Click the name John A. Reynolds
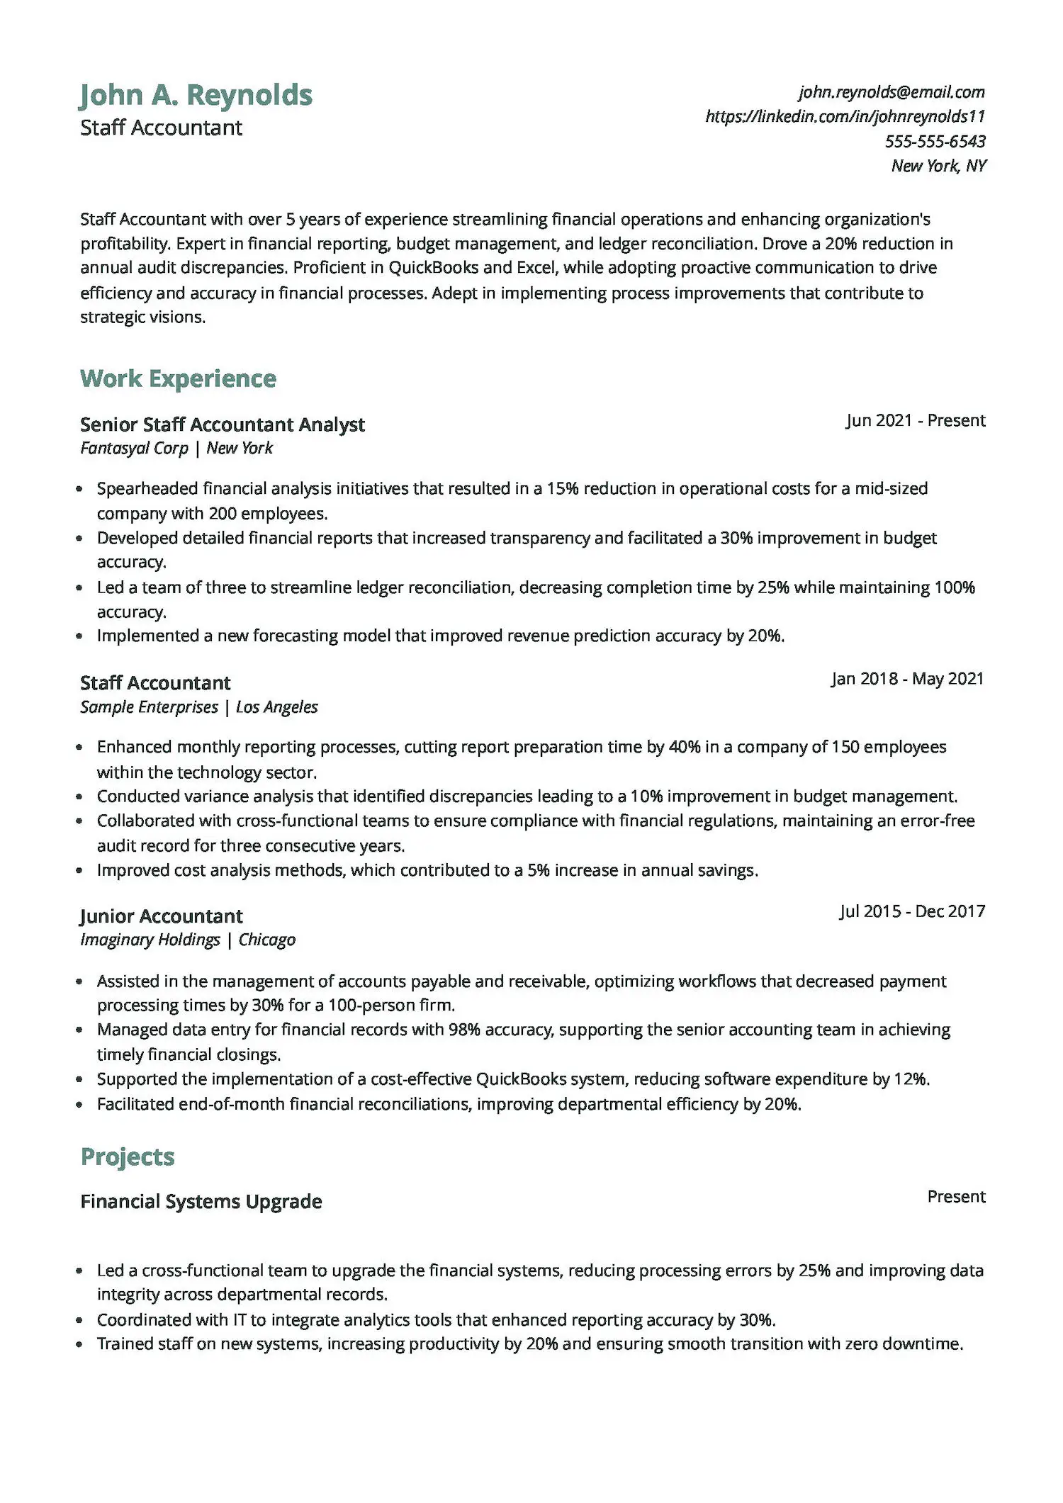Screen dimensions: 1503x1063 196,95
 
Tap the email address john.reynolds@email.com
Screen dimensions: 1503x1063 892,92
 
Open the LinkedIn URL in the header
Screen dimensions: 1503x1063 845,116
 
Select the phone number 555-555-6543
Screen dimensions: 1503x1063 935,141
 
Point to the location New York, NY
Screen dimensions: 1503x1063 938,166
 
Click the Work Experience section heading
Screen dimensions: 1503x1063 178,378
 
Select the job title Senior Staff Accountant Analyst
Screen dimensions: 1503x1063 222,424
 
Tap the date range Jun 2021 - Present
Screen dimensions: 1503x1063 915,420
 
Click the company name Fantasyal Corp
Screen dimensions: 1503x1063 134,448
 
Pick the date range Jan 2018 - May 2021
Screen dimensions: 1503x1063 907,679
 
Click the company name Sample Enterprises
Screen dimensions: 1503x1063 149,707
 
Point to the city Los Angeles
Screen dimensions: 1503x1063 276,707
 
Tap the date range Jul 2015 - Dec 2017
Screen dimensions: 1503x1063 912,911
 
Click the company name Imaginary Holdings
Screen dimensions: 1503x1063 150,940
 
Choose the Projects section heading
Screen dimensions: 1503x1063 128,1156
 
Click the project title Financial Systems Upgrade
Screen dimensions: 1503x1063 201,1201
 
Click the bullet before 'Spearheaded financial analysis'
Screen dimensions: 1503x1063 80,489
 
